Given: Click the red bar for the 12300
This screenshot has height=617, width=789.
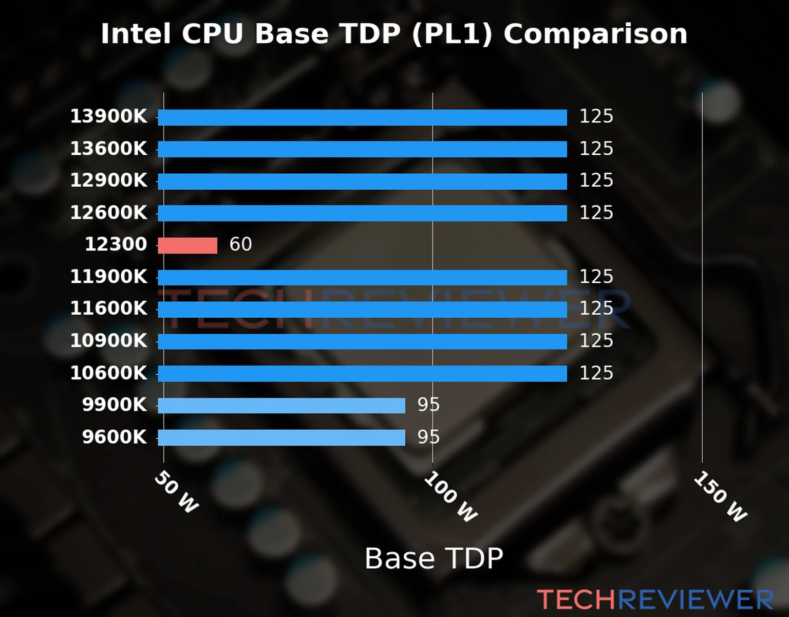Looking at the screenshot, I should coord(187,245).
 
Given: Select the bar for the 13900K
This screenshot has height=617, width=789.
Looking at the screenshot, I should coord(362,117).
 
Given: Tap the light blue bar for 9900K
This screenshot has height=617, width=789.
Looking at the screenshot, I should coord(281,406).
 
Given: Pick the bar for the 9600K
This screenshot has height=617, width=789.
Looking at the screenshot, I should coord(281,438).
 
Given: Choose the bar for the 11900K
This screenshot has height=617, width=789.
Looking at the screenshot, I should coord(362,278).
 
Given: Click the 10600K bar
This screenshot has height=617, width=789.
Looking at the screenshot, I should coord(362,374).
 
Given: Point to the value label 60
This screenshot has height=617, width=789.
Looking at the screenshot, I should coord(240,244).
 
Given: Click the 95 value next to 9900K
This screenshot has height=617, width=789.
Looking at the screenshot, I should coord(428,405).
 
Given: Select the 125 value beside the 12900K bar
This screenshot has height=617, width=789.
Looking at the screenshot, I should coord(596,180).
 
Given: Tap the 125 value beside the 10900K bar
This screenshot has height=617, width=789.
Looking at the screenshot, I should coord(596,341).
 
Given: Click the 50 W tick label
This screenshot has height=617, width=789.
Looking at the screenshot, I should coord(176,492).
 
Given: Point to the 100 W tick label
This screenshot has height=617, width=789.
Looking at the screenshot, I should coord(450,497).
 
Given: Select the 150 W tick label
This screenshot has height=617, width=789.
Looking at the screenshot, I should coord(720,497).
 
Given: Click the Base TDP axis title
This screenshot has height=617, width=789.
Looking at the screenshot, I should coord(434,558).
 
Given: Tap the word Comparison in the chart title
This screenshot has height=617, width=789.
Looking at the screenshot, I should coord(595,34).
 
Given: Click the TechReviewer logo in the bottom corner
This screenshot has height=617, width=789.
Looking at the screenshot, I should coord(655,600).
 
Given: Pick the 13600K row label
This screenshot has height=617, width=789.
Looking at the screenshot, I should coord(108,149).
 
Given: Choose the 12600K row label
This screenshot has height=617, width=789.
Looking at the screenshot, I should coord(108,213).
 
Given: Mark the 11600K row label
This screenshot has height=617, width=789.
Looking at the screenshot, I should coord(108,308).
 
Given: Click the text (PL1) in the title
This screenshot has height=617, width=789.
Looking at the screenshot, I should coord(452,34).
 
